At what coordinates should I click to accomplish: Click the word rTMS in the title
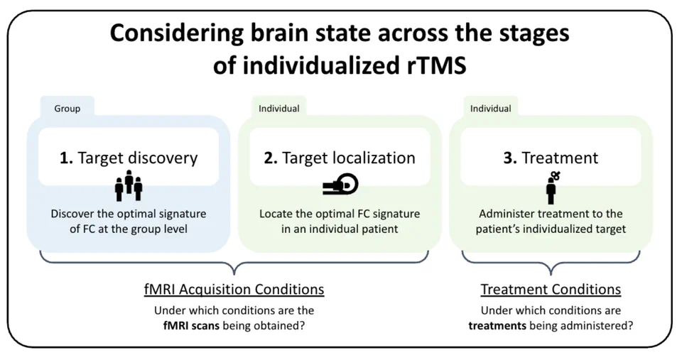(433, 67)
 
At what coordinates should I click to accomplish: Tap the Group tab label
(67, 109)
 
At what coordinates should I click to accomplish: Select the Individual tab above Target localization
(278, 109)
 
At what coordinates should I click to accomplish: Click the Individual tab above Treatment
(490, 109)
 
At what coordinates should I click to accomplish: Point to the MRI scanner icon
(340, 185)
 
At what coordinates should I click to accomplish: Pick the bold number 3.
(509, 158)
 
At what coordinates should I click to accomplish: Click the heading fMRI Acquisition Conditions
(234, 290)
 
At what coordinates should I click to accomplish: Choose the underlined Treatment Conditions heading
(551, 290)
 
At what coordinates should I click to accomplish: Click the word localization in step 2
(374, 158)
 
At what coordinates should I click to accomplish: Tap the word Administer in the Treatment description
(507, 214)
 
